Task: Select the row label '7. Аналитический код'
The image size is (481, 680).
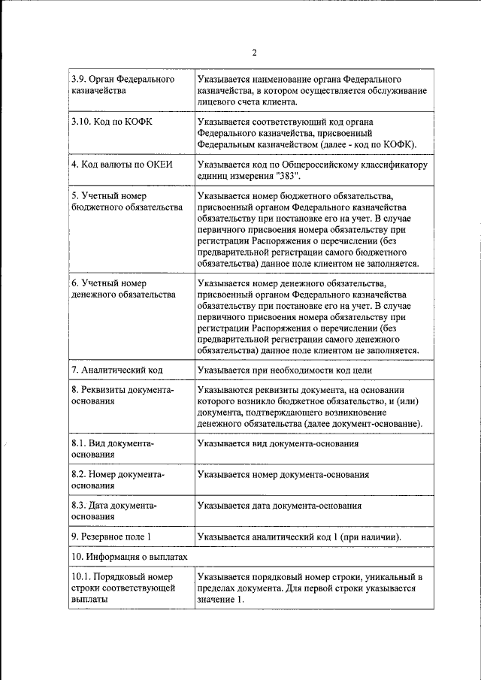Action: point(116,370)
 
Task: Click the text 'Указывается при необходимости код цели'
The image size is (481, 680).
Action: point(284,370)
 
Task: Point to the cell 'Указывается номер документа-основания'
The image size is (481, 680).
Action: point(283,475)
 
